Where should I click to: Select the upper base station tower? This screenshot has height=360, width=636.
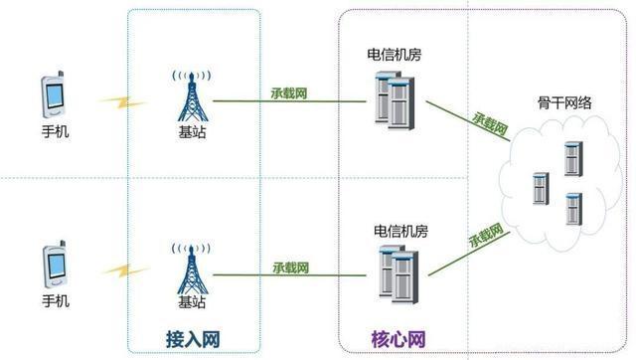(x=193, y=97)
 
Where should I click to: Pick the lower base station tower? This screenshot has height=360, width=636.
(x=193, y=267)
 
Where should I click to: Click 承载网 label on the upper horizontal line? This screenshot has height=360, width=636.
(x=288, y=93)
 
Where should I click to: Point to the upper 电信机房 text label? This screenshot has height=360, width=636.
(x=393, y=55)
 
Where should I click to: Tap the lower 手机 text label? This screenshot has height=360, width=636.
(x=56, y=299)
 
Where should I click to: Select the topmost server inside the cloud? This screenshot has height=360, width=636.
(x=571, y=158)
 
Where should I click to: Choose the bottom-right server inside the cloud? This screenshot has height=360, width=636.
(x=571, y=208)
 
